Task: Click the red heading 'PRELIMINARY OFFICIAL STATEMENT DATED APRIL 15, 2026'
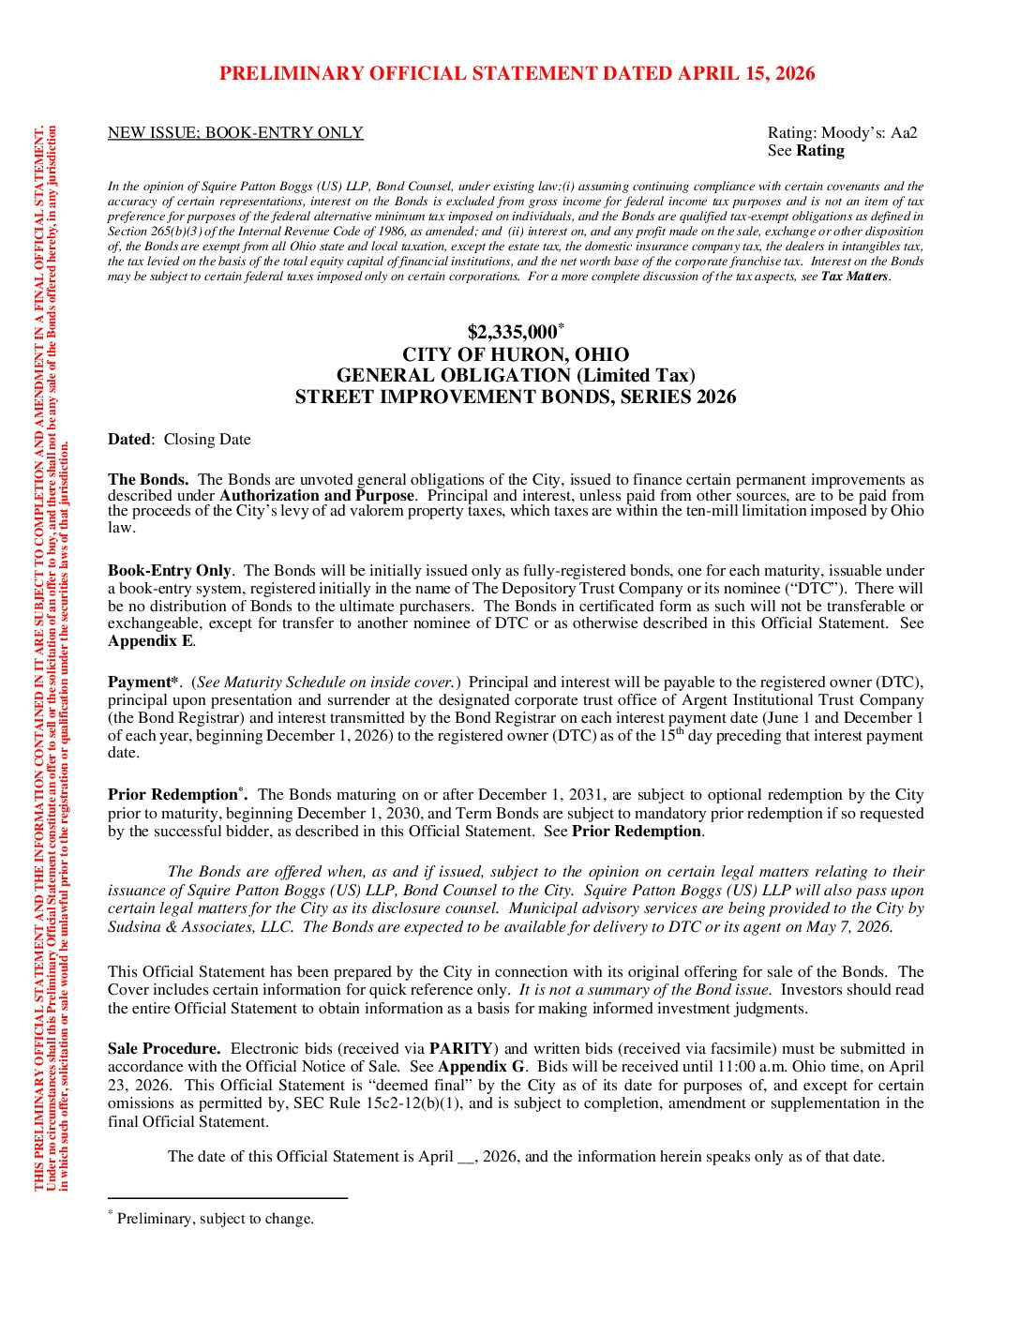click(x=517, y=74)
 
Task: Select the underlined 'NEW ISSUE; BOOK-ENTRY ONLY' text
click(x=235, y=133)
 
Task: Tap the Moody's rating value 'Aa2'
click(x=904, y=133)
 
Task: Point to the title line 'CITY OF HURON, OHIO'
click(x=516, y=354)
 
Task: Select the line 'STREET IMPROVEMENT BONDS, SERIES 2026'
click(x=516, y=397)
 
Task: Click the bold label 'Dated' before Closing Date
click(x=128, y=440)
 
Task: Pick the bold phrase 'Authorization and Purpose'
click(x=317, y=496)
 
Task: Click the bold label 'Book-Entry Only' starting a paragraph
click(x=169, y=571)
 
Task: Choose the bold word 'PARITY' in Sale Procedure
click(x=460, y=1049)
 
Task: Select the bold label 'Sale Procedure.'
click(x=164, y=1049)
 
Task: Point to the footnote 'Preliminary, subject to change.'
click(x=215, y=1219)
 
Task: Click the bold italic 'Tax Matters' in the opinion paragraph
click(x=855, y=277)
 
